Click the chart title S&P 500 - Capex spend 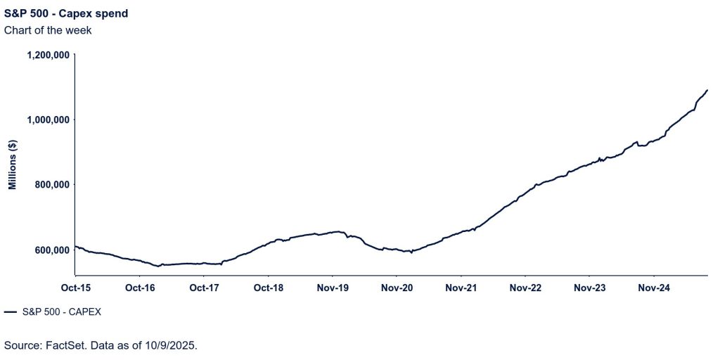(x=66, y=13)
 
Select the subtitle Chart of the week (x=48, y=30)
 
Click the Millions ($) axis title (x=13, y=165)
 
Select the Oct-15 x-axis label (x=75, y=288)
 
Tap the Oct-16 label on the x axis (x=139, y=288)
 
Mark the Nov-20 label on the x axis (x=397, y=288)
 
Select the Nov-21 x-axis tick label (x=461, y=288)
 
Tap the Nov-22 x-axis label (x=525, y=288)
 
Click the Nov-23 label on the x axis (x=590, y=288)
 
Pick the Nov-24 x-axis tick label (x=654, y=288)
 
